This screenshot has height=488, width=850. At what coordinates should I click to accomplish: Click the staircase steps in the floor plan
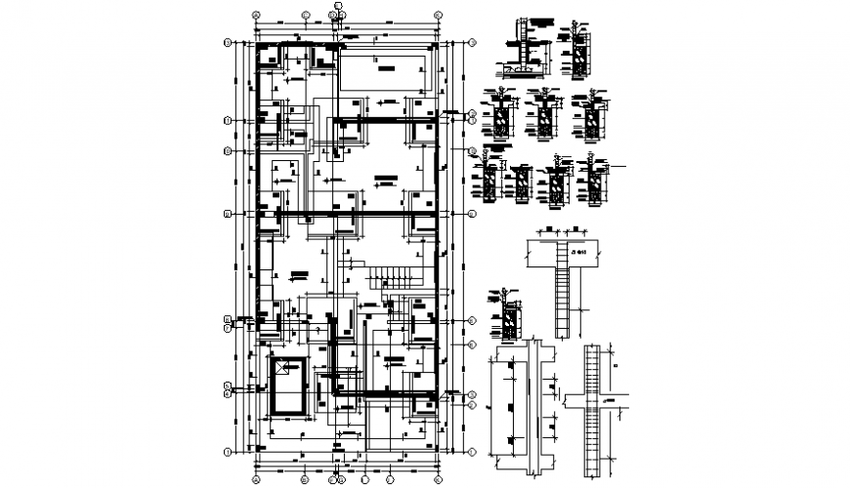pyautogui.click(x=395, y=278)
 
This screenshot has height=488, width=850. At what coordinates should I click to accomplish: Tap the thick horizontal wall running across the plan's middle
pyautogui.click(x=347, y=213)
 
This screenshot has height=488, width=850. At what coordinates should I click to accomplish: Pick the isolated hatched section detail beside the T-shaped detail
pyautogui.click(x=509, y=312)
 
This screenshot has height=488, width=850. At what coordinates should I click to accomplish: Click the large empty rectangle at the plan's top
pyautogui.click(x=383, y=70)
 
